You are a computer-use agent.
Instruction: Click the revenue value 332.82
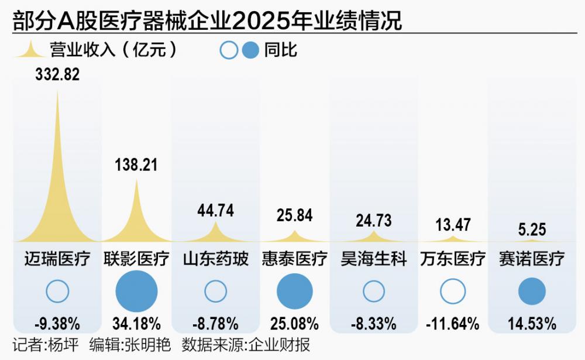(x=57, y=74)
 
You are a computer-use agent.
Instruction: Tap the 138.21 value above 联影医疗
(x=136, y=164)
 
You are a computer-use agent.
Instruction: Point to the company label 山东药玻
(x=215, y=259)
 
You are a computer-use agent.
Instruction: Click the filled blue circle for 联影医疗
(x=136, y=291)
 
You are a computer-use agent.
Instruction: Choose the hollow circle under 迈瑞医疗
(x=57, y=291)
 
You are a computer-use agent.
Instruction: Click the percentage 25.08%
(x=294, y=323)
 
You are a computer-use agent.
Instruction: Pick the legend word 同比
(x=280, y=50)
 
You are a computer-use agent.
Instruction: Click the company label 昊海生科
(x=374, y=259)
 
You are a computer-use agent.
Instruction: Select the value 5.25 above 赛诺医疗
(x=532, y=229)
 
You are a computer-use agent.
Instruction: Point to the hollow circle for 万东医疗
(x=453, y=291)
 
